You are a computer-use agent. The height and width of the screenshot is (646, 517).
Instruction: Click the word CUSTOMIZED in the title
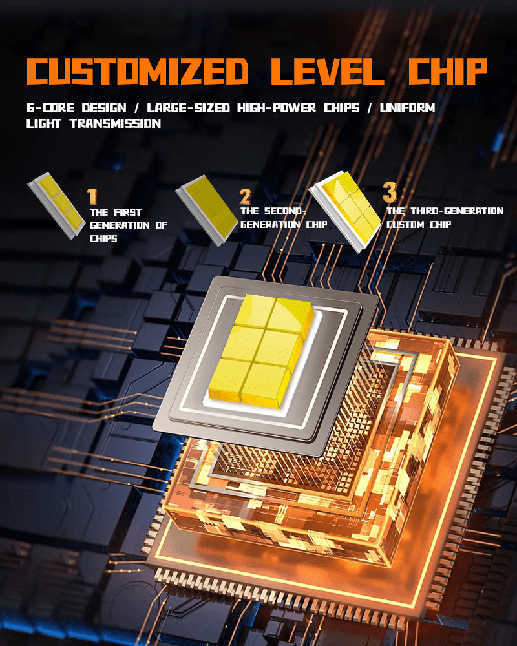click(x=137, y=71)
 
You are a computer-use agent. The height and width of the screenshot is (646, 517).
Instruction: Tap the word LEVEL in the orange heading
click(x=328, y=71)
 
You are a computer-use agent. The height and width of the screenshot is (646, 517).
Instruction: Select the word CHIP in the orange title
click(x=448, y=71)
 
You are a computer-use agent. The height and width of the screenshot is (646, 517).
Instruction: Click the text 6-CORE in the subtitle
click(x=50, y=108)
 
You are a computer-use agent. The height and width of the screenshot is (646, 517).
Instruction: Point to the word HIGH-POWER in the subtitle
click(x=277, y=108)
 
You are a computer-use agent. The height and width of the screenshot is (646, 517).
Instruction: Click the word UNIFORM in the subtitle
click(x=407, y=108)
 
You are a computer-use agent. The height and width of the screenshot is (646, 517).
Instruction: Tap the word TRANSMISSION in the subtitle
click(x=115, y=123)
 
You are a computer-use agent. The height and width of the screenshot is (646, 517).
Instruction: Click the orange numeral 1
click(x=92, y=196)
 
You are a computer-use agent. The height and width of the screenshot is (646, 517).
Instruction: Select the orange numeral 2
click(x=245, y=196)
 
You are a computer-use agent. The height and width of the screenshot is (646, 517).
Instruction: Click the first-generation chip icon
click(x=56, y=205)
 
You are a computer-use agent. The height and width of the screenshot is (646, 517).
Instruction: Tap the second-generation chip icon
click(x=207, y=210)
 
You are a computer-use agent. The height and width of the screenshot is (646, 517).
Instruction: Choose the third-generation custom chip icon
click(x=344, y=211)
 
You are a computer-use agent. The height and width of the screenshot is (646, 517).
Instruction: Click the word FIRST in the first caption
click(x=127, y=212)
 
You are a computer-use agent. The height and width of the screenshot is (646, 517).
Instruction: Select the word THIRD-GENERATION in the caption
click(x=457, y=211)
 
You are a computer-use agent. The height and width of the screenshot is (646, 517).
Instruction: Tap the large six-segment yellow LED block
click(x=261, y=350)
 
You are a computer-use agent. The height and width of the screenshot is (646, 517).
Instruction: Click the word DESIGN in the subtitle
click(x=104, y=108)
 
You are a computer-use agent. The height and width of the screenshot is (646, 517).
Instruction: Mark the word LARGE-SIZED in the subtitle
click(x=189, y=108)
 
